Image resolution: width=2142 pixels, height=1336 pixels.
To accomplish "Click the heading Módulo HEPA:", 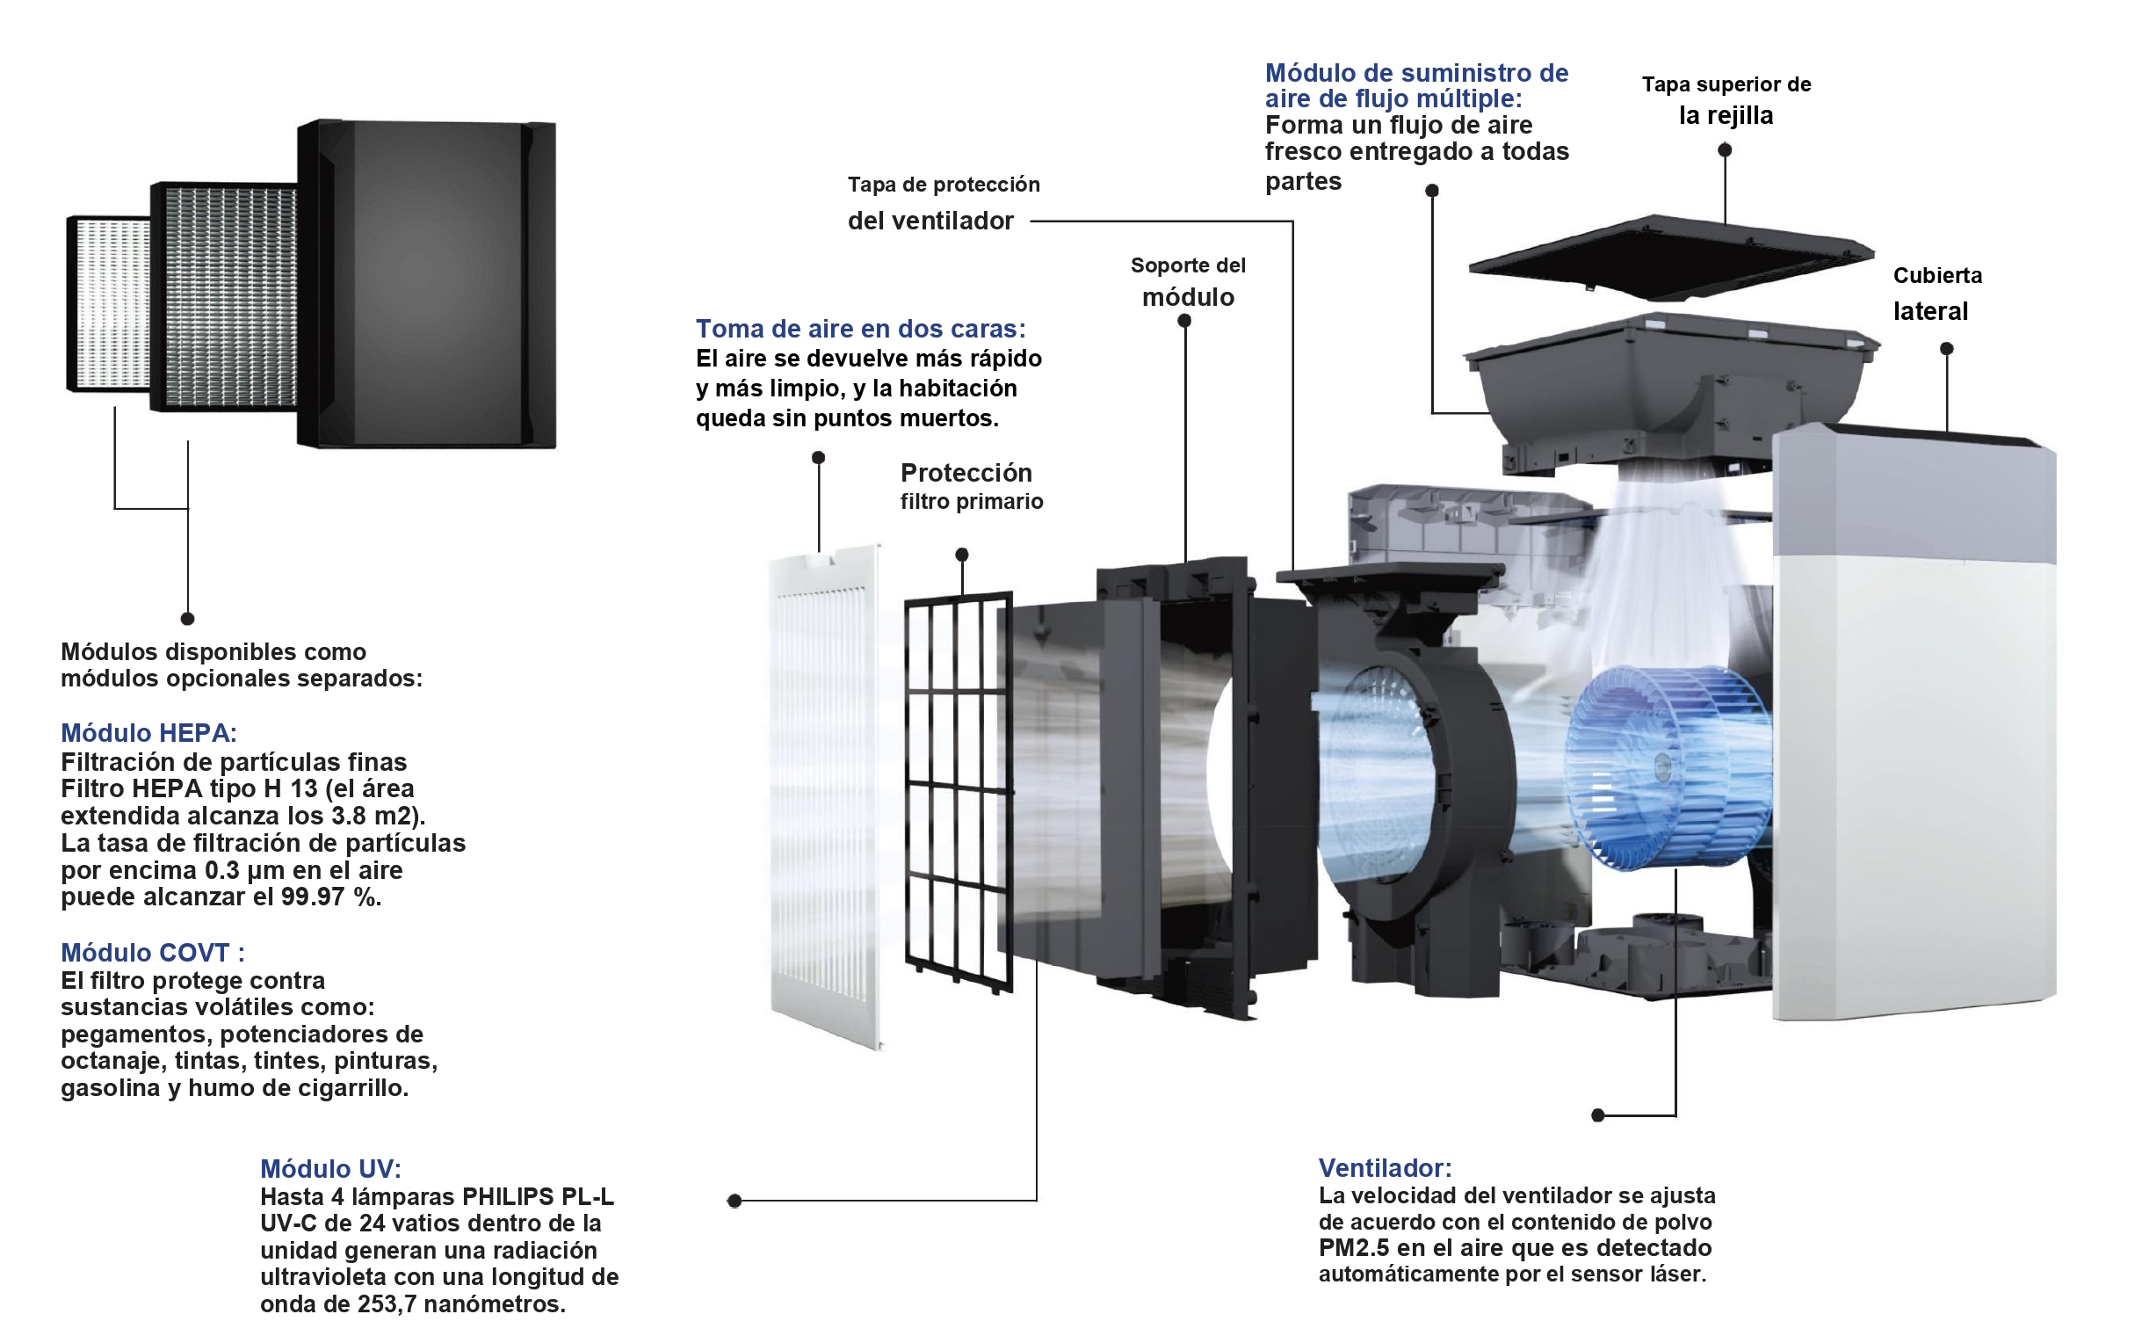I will (148, 732).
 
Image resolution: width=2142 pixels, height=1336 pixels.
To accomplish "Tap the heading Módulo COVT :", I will (152, 953).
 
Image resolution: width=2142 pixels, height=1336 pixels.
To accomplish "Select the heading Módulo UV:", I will (330, 1168).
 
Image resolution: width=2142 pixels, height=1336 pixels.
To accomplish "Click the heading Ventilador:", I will (1384, 1167).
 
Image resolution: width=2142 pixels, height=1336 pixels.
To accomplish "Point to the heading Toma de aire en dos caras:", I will (860, 329).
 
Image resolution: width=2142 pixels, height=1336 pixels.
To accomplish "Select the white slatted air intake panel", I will (825, 795).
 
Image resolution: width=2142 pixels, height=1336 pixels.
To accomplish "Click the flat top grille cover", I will (1669, 257).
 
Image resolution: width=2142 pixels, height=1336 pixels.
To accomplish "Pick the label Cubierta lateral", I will (1936, 294).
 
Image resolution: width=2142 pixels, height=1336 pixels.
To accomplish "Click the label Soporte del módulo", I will (1188, 282).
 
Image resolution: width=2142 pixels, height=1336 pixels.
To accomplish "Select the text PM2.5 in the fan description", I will (1353, 1247).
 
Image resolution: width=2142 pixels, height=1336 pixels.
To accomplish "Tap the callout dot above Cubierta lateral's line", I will (1946, 349).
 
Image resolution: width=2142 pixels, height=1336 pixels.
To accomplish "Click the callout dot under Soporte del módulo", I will (1184, 321).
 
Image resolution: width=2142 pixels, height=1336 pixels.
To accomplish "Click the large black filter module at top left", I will (427, 283).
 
